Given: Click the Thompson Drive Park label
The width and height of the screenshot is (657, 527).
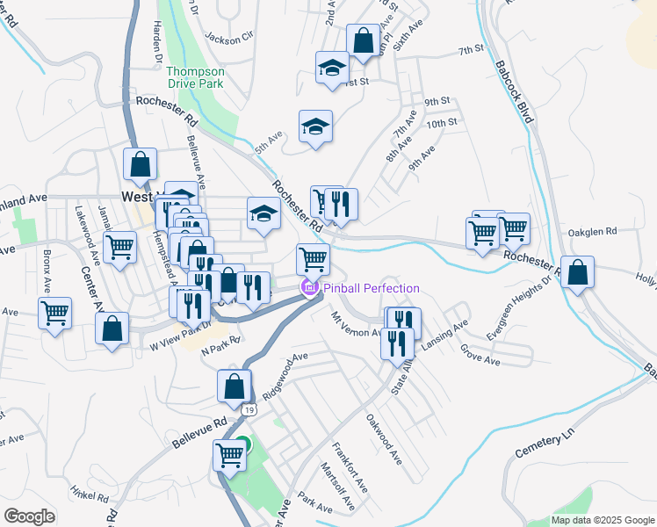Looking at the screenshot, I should tap(195, 77).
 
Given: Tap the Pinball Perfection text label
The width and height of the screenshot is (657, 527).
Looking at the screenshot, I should tap(371, 288).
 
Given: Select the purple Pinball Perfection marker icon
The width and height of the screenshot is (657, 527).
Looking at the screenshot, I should tap(309, 287).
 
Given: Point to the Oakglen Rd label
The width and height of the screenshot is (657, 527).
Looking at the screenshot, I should tap(593, 231).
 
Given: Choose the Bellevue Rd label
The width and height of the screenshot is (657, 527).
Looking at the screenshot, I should tap(200, 435).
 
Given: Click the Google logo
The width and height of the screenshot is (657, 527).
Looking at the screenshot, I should tap(29, 516).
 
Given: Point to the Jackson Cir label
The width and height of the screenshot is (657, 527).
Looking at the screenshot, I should tap(228, 37).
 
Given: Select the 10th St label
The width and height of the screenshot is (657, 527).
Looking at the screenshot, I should tap(442, 123).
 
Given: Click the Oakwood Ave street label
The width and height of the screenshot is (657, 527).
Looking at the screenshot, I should tap(384, 440).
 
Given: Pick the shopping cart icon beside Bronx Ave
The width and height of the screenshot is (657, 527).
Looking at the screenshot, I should tap(54, 313).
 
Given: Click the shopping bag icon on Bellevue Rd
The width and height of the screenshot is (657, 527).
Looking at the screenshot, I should tap(235, 385).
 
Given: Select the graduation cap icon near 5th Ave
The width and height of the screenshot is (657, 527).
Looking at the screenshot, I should tap(315, 126).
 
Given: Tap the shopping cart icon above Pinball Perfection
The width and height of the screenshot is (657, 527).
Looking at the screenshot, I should tap(313, 259).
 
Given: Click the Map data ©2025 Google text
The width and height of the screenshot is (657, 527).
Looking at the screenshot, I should tap(603, 520).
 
